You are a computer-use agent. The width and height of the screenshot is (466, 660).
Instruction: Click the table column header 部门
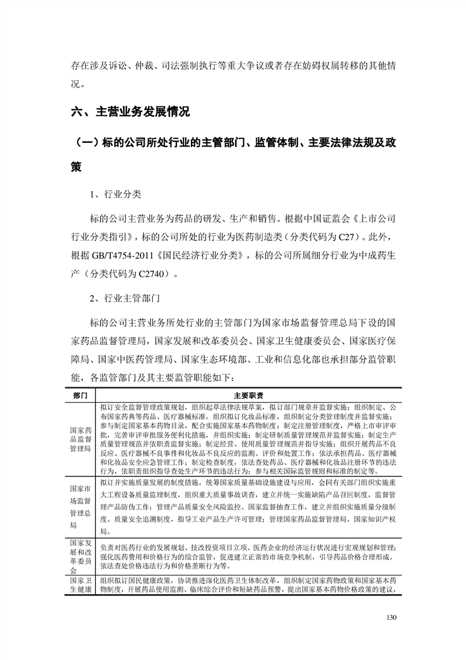(x=80, y=396)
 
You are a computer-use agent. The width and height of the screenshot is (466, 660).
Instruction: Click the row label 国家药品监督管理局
(x=80, y=438)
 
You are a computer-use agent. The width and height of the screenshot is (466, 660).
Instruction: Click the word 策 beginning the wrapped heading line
(x=79, y=167)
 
